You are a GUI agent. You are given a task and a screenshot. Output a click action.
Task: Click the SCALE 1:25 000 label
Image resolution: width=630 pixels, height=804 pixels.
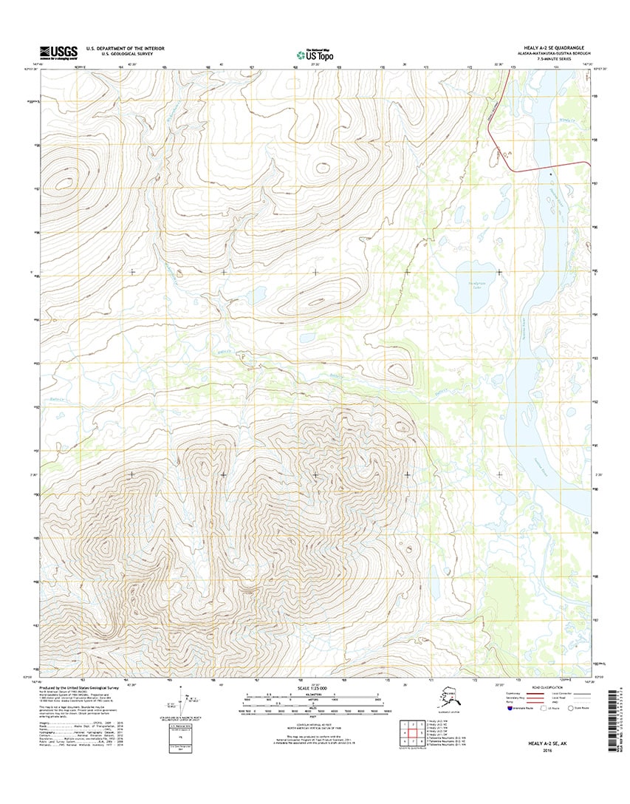pos(315,689)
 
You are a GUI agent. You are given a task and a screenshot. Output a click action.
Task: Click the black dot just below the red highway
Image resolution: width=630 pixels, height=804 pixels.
pos(550,174)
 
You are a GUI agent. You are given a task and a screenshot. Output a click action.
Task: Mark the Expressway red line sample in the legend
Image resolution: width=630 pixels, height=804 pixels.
pos(545,695)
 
